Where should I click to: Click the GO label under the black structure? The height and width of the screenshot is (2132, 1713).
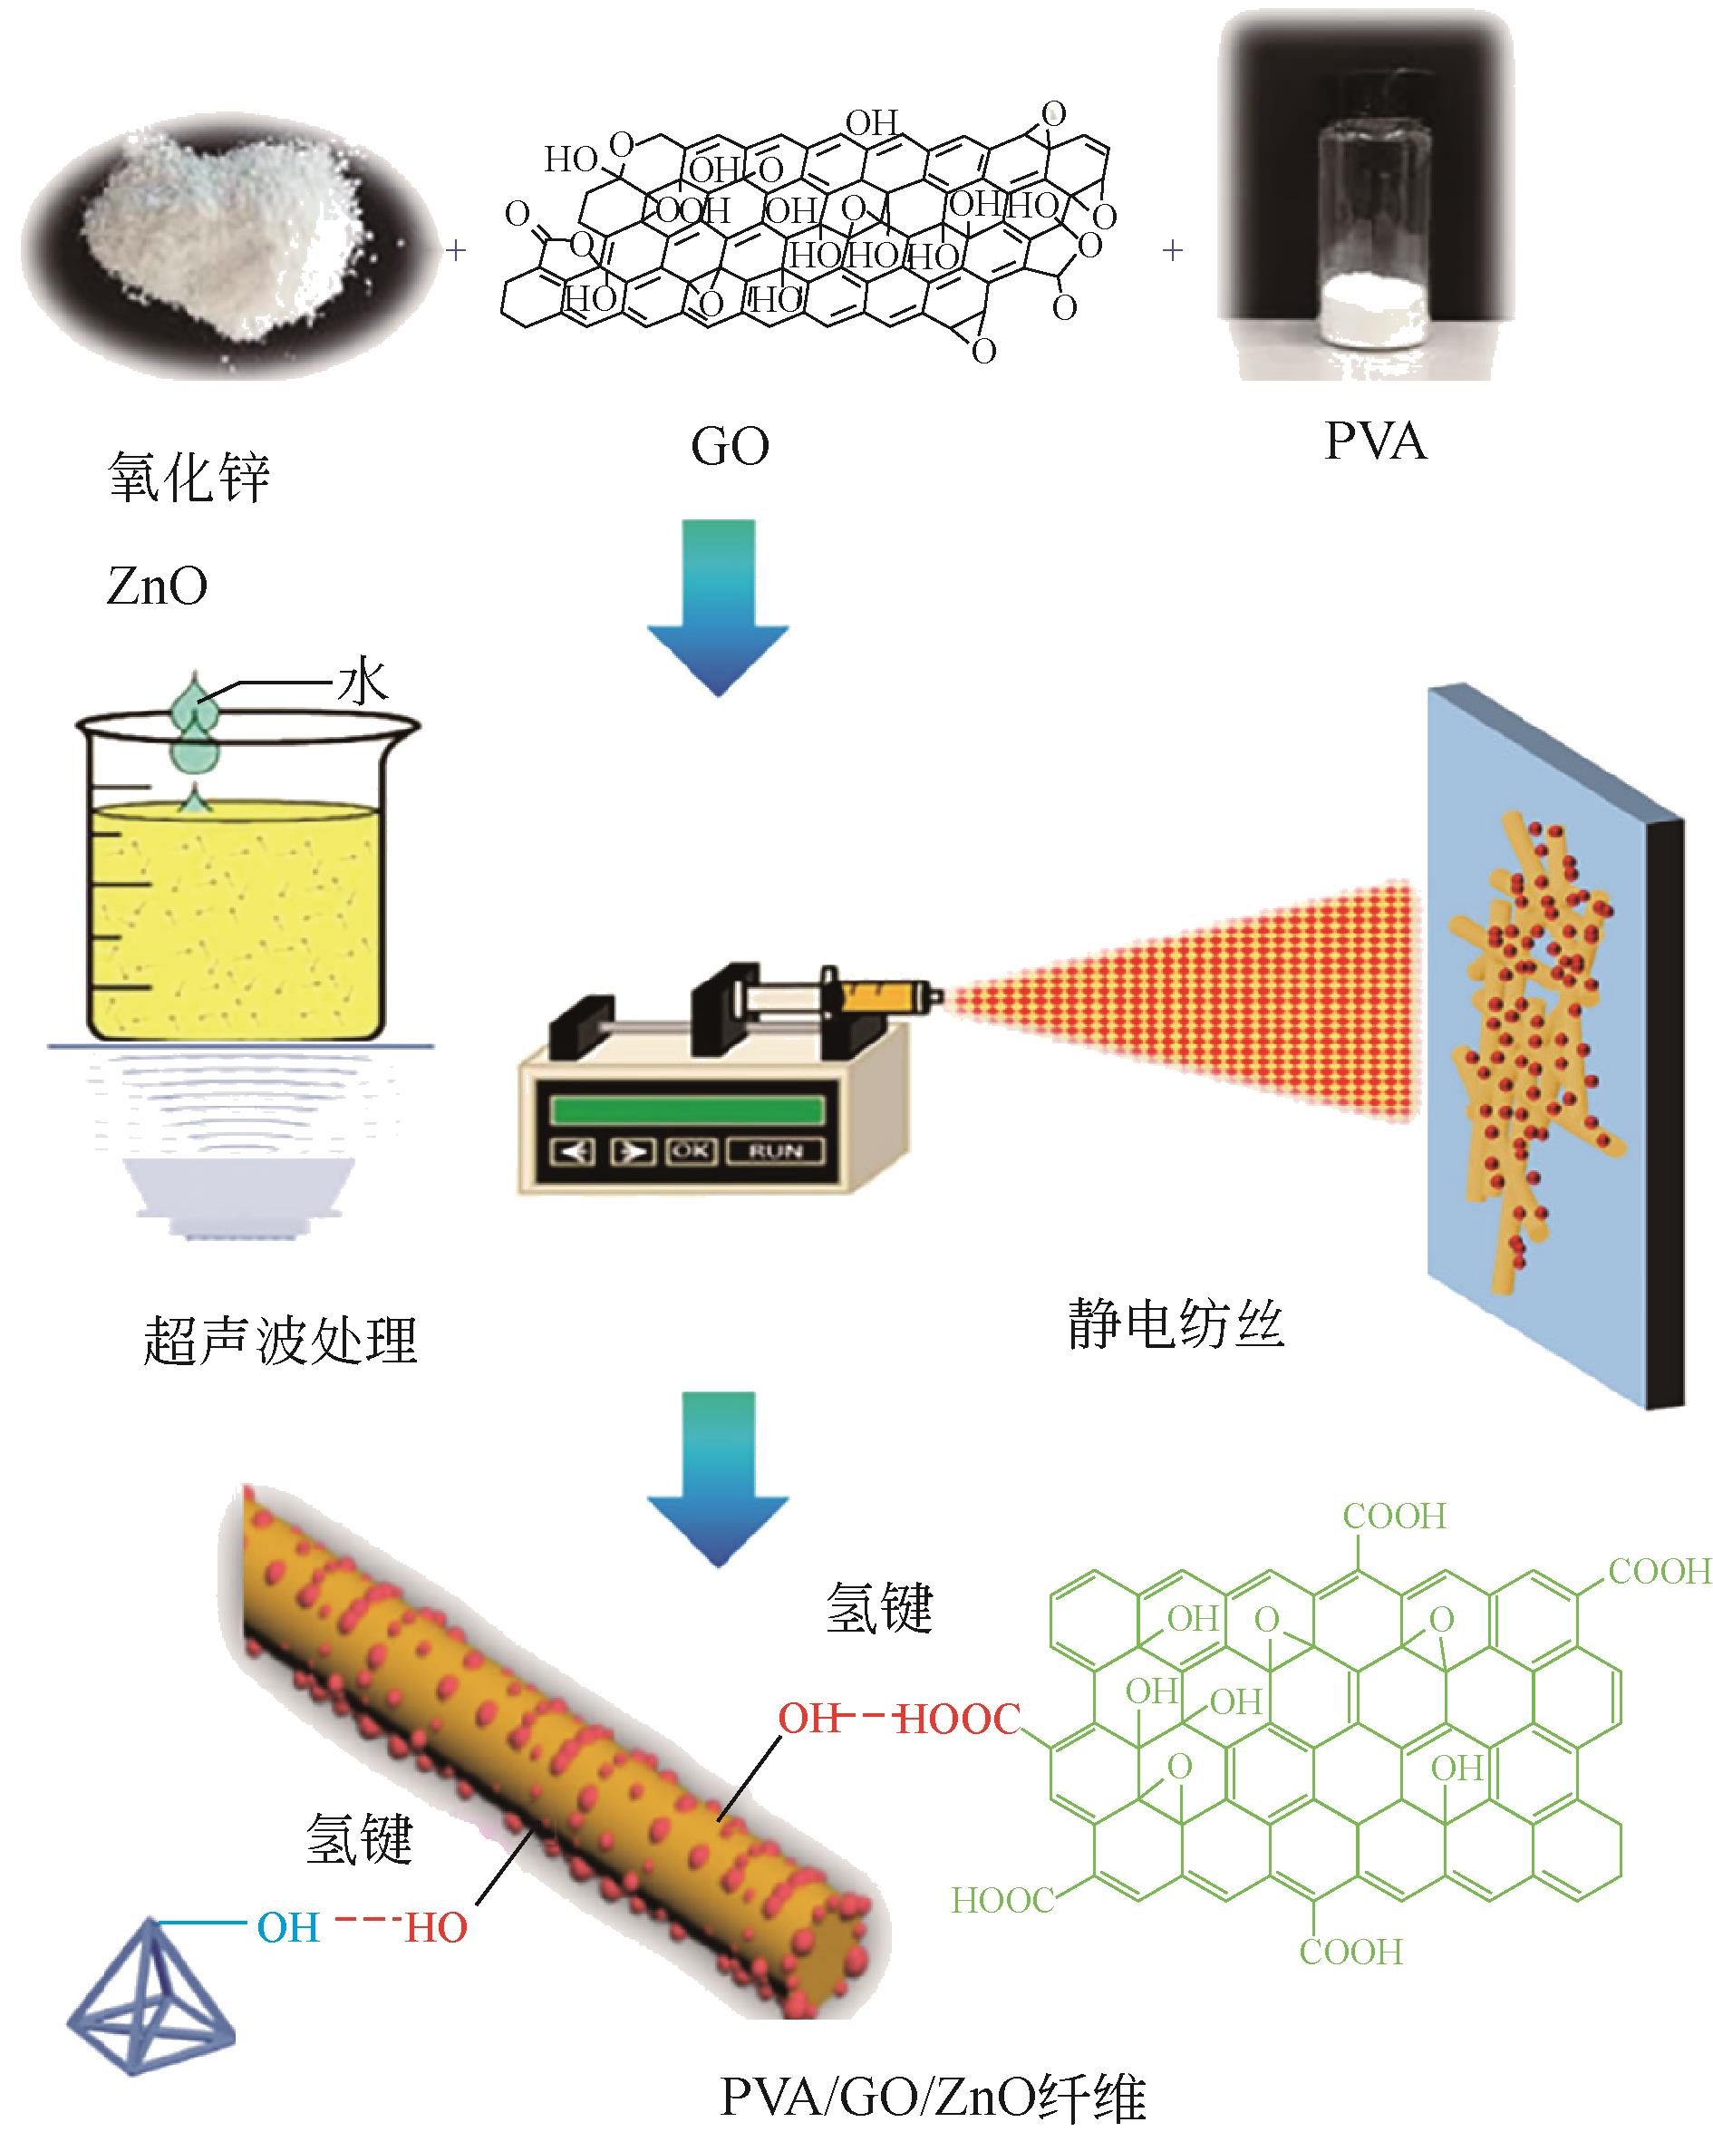pyautogui.click(x=730, y=447)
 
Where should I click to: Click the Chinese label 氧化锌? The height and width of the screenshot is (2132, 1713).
pyautogui.click(x=188, y=479)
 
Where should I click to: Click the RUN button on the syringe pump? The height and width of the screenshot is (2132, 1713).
pyautogui.click(x=776, y=1152)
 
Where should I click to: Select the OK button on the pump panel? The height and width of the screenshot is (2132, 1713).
pyautogui.click(x=691, y=1151)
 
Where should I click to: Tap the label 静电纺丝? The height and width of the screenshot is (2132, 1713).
pyautogui.click(x=1176, y=1325)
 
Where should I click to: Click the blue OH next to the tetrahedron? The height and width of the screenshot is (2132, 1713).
pyautogui.click(x=289, y=1928)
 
